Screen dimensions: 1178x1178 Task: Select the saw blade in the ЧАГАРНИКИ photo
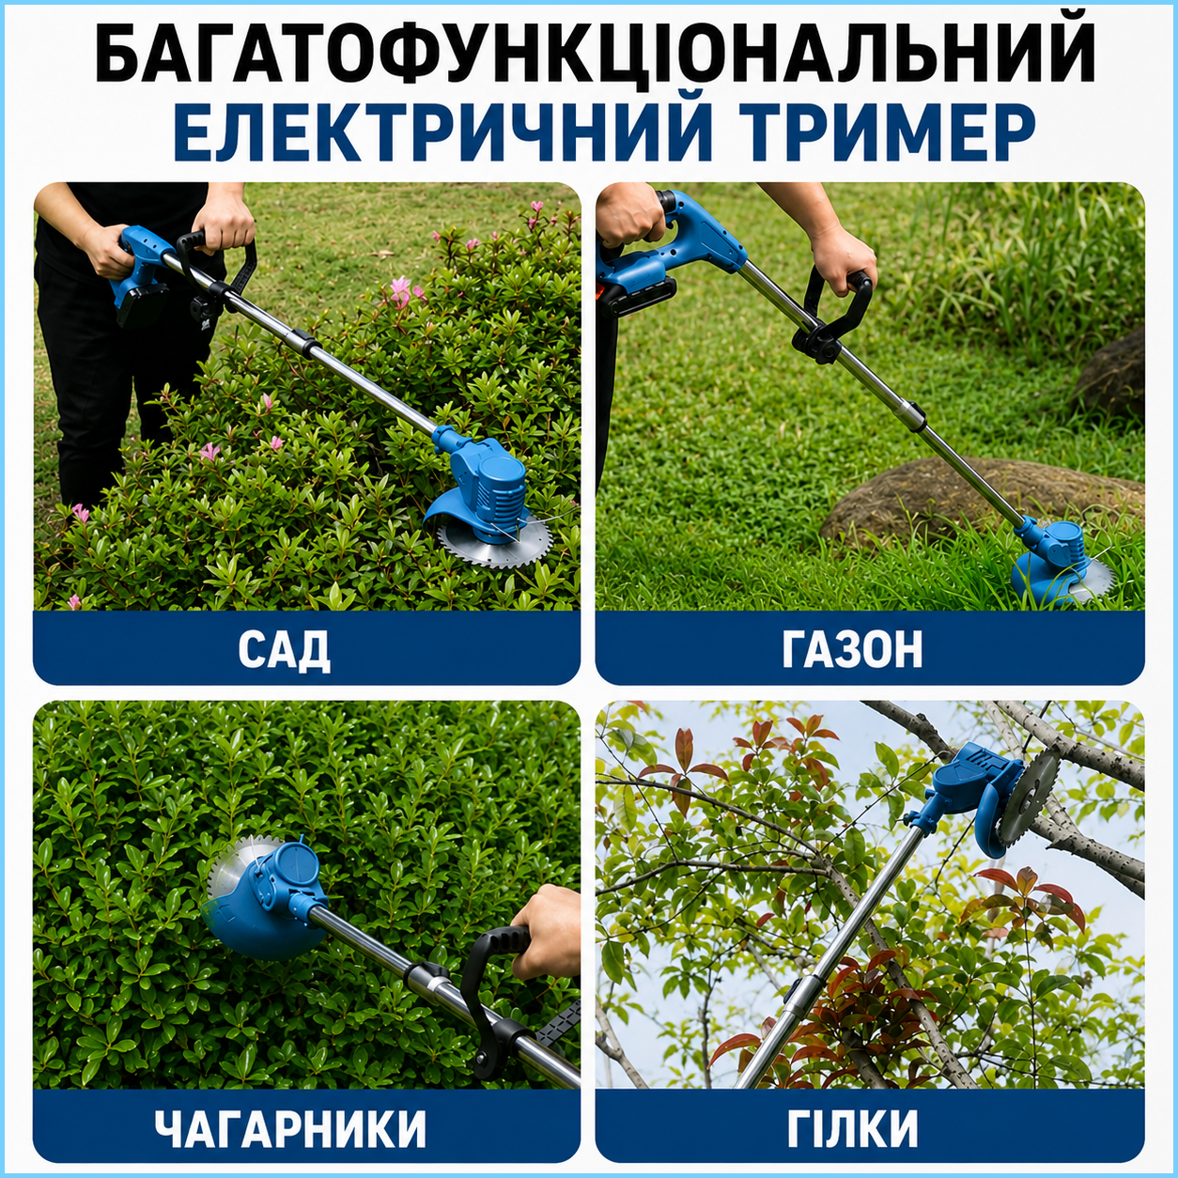point(244,863)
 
